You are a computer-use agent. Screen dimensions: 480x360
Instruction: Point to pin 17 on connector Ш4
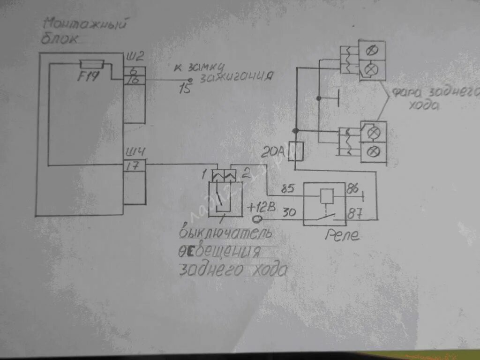coord(134,165)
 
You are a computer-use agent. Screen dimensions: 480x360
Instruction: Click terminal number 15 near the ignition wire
coord(186,88)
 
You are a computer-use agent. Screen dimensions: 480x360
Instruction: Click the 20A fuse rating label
coord(275,151)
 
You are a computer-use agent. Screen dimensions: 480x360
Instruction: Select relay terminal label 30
coord(289,212)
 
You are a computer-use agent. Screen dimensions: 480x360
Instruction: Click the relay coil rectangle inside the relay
coord(326,196)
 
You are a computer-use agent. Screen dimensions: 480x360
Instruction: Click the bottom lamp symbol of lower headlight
coord(374,151)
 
